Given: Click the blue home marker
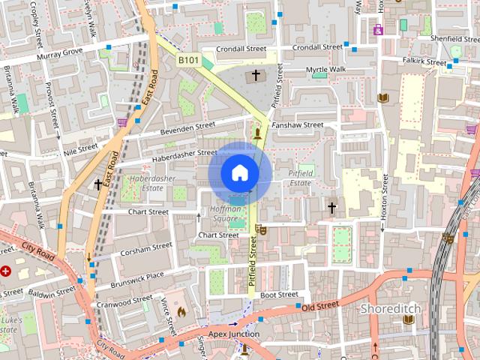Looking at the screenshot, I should click(x=239, y=172).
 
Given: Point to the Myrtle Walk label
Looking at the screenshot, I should click(x=326, y=69).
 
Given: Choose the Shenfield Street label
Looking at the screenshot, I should click(x=450, y=39).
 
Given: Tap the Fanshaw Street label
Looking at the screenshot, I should click(x=298, y=124).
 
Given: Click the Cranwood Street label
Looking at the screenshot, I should click(x=124, y=301).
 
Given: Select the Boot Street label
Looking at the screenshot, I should click(x=279, y=295).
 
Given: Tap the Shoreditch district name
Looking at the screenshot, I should click(x=391, y=308).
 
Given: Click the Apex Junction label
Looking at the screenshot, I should click(x=233, y=334).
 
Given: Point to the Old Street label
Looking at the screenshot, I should click(x=320, y=307).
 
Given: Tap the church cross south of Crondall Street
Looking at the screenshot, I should click(x=256, y=76).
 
